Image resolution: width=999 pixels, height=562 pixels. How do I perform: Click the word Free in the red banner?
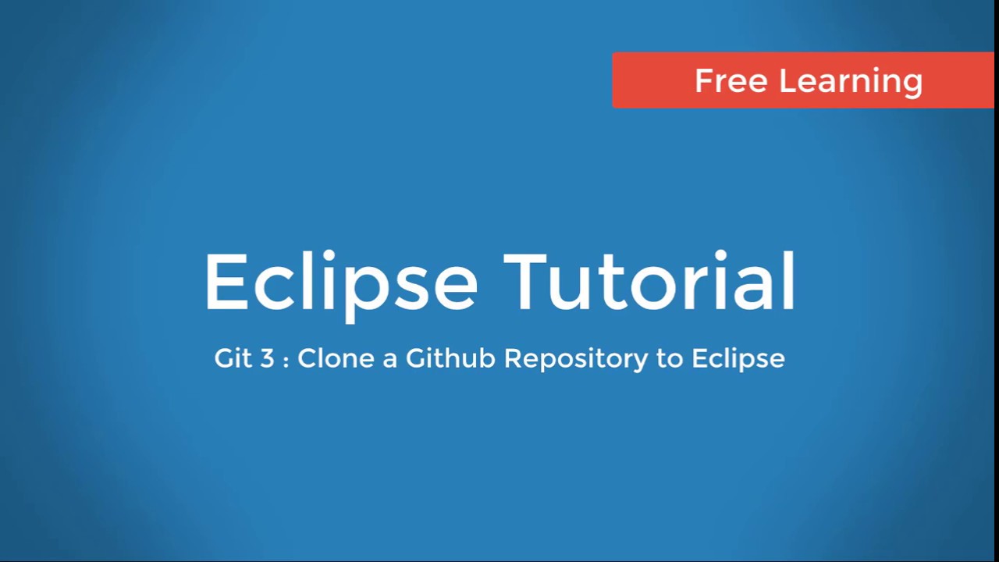pos(730,80)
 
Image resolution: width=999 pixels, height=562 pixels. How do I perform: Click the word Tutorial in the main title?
pos(649,281)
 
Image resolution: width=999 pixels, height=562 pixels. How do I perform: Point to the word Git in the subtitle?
pos(232,358)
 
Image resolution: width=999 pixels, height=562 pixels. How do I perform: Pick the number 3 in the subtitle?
pos(268,358)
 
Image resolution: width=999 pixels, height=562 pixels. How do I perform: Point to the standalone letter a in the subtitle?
pos(389,361)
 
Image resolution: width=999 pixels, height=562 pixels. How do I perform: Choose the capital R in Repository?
pos(514,358)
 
